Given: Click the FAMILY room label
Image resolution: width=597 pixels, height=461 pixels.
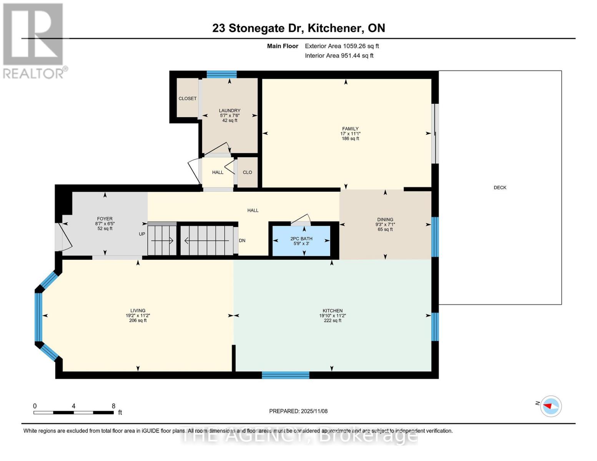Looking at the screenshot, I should pos(350,129).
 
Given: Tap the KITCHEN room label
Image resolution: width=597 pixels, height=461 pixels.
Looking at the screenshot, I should pos(333,311).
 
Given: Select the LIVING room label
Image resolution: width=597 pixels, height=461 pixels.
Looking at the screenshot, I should pos(138,311).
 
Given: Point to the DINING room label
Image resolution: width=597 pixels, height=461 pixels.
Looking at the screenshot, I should pos(385,220).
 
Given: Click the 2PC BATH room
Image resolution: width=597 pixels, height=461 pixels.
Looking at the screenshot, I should pos(301,241).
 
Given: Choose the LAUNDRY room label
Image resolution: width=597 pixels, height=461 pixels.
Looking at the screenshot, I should pos(229,111).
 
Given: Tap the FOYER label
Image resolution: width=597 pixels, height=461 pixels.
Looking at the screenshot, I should pos(105,219).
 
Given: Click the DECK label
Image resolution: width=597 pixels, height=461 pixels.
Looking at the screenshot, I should pos(500,187).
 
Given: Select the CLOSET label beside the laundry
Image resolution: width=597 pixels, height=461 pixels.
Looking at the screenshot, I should pos(188,99).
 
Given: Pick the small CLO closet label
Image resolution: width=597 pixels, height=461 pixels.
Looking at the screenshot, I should pos(247,172).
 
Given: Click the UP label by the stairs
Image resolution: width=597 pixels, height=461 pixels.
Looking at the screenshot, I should pos(142,234).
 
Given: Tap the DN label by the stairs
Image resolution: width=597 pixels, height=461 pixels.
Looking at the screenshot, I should pos(242,241).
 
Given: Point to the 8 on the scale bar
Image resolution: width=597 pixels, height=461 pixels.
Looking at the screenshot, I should pos(113,406).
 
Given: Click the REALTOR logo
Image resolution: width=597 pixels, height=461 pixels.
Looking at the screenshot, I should pos(34,40).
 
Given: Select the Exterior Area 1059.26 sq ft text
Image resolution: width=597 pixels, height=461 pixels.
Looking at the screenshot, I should pos(342,46).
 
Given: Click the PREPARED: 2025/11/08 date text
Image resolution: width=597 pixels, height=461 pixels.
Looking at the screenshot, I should pos(298,411).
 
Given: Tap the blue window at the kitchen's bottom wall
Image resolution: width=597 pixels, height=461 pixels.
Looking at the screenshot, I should pos(285,375).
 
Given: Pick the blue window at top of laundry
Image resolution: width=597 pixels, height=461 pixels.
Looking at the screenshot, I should pos(221,75).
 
